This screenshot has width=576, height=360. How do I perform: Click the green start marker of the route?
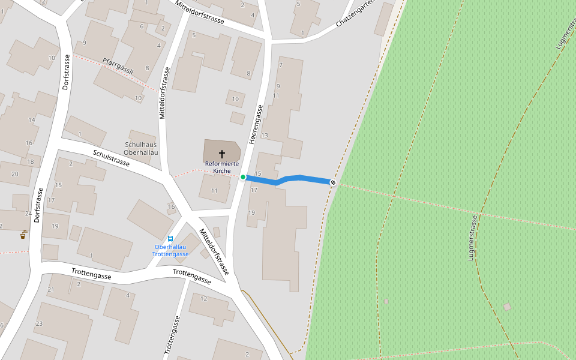243,177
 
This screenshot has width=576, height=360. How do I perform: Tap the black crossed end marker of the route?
333,182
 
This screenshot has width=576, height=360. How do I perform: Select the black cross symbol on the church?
222,154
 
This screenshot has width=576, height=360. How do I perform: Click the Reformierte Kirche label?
222,167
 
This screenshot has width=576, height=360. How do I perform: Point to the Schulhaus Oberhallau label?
141,149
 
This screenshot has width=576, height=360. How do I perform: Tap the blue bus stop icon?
170,239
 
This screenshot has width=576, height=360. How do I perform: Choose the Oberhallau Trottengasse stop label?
171,251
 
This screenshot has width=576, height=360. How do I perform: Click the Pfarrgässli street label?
118,66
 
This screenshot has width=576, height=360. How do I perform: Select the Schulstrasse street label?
111,158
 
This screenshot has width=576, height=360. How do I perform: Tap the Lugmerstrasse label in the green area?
472,238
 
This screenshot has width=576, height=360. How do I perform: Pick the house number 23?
39,323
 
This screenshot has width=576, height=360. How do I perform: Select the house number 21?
51,289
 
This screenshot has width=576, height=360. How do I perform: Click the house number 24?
28,214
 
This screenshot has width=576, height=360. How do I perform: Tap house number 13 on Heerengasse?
265,136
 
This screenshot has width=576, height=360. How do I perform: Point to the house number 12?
204,298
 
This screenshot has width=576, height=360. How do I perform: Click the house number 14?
32,120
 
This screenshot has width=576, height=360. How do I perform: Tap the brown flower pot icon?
23,234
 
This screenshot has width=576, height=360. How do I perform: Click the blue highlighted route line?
288,178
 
